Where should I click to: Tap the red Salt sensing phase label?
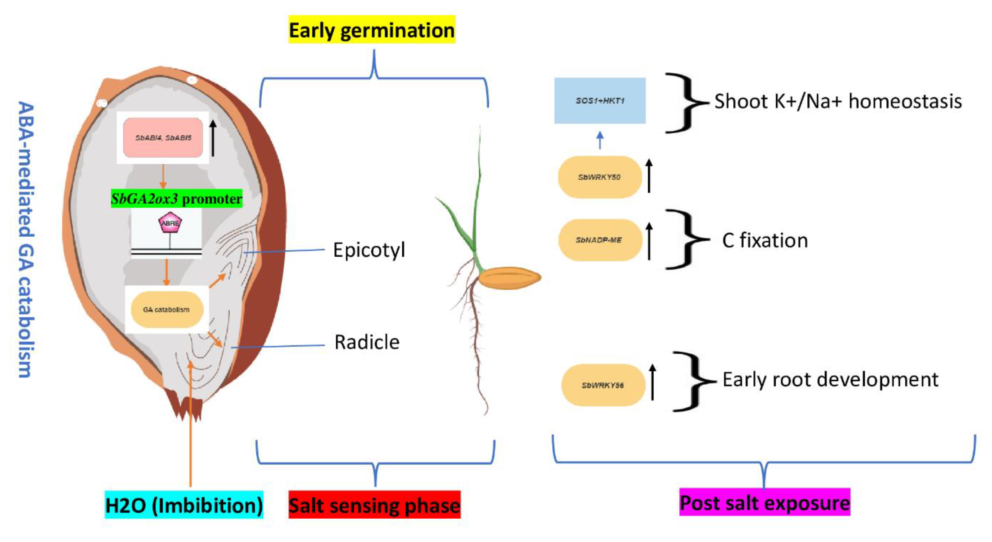(x=374, y=505)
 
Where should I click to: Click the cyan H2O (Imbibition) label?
(x=184, y=505)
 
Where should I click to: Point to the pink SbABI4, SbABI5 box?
(x=163, y=137)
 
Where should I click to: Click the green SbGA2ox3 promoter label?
(x=176, y=199)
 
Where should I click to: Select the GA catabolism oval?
(x=167, y=310)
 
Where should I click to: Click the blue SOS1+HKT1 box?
(x=600, y=101)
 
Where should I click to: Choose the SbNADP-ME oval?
(x=600, y=240)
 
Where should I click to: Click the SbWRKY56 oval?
(x=603, y=385)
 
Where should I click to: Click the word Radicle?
(x=367, y=342)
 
